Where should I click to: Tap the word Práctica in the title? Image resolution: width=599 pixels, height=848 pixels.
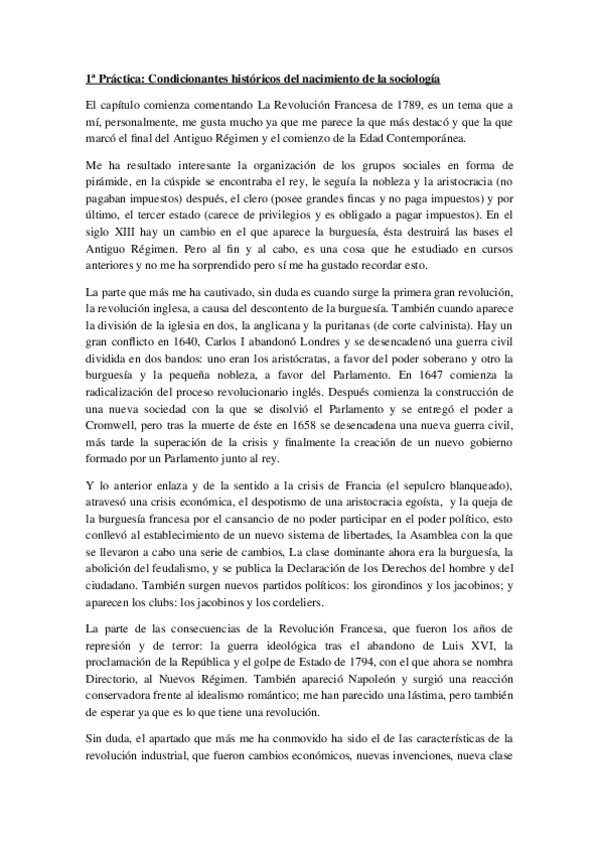(118, 77)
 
